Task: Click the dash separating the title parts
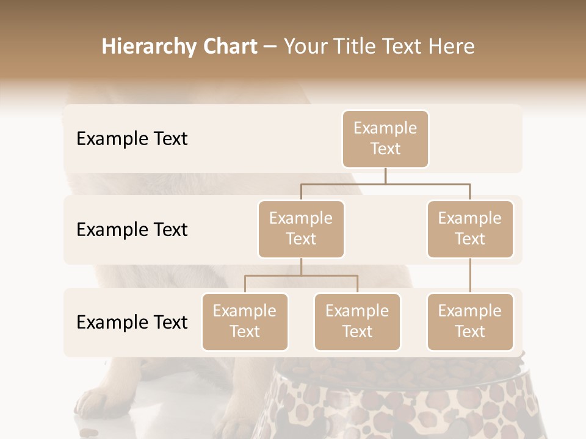pos(270,48)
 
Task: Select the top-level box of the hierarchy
pos(385,138)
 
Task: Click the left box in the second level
pos(301,229)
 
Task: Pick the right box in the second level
pos(470,229)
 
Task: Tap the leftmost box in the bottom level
pos(245,321)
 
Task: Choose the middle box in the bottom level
pos(357,321)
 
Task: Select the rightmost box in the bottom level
pos(470,321)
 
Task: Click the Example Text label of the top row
pos(132,139)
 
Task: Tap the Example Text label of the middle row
pos(132,230)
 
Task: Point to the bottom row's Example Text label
pos(132,322)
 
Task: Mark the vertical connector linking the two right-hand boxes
pos(470,276)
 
